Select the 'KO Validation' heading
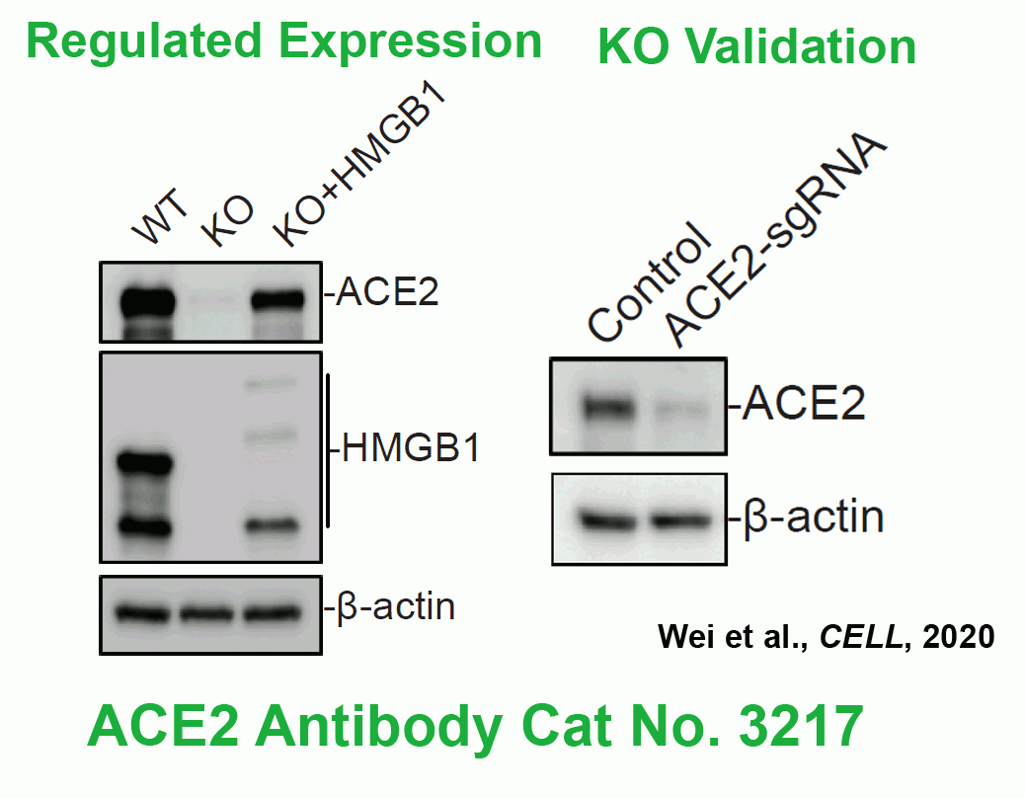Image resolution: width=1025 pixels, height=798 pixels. [x=757, y=47]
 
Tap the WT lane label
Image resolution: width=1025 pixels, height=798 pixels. [x=160, y=215]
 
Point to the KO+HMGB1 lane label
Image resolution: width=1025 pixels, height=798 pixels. [x=359, y=167]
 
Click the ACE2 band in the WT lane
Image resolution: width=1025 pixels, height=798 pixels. [x=147, y=302]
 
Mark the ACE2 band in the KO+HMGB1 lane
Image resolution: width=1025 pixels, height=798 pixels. [x=278, y=300]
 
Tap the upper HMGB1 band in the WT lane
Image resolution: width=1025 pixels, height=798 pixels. [x=145, y=464]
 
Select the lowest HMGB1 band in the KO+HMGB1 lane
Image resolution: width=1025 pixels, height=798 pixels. [x=273, y=524]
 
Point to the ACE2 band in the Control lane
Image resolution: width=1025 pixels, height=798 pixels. [x=608, y=408]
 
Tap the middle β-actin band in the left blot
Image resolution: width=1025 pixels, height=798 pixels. [x=206, y=613]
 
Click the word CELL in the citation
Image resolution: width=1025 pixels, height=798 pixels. [x=862, y=637]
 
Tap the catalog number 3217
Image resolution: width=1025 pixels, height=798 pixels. [x=802, y=727]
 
